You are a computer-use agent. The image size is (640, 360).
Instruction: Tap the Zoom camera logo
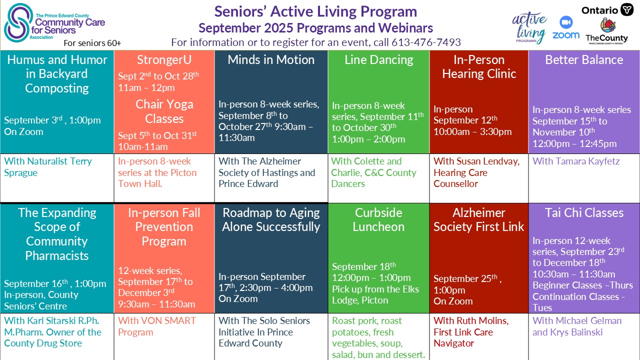566,27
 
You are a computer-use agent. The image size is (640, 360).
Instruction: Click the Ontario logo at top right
607,10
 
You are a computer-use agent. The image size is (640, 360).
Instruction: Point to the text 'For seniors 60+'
92,43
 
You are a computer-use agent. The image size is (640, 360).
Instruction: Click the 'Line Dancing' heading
378,60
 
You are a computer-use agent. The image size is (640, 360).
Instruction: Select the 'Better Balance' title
584,60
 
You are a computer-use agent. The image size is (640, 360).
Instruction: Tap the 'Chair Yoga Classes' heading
164,111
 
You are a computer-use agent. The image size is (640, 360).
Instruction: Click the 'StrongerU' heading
164,60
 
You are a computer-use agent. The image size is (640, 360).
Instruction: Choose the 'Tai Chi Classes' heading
584,213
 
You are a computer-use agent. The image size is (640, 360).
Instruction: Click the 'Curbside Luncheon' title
378,219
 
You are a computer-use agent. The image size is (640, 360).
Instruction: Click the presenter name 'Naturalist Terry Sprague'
48,167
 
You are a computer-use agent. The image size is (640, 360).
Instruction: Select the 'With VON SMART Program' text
157,326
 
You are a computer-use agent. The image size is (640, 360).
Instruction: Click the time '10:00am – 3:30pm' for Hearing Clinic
472,132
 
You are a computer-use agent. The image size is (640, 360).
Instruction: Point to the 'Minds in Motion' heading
271,60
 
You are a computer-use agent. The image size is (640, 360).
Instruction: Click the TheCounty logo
606,31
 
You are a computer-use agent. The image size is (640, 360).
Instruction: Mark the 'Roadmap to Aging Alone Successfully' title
271,219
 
